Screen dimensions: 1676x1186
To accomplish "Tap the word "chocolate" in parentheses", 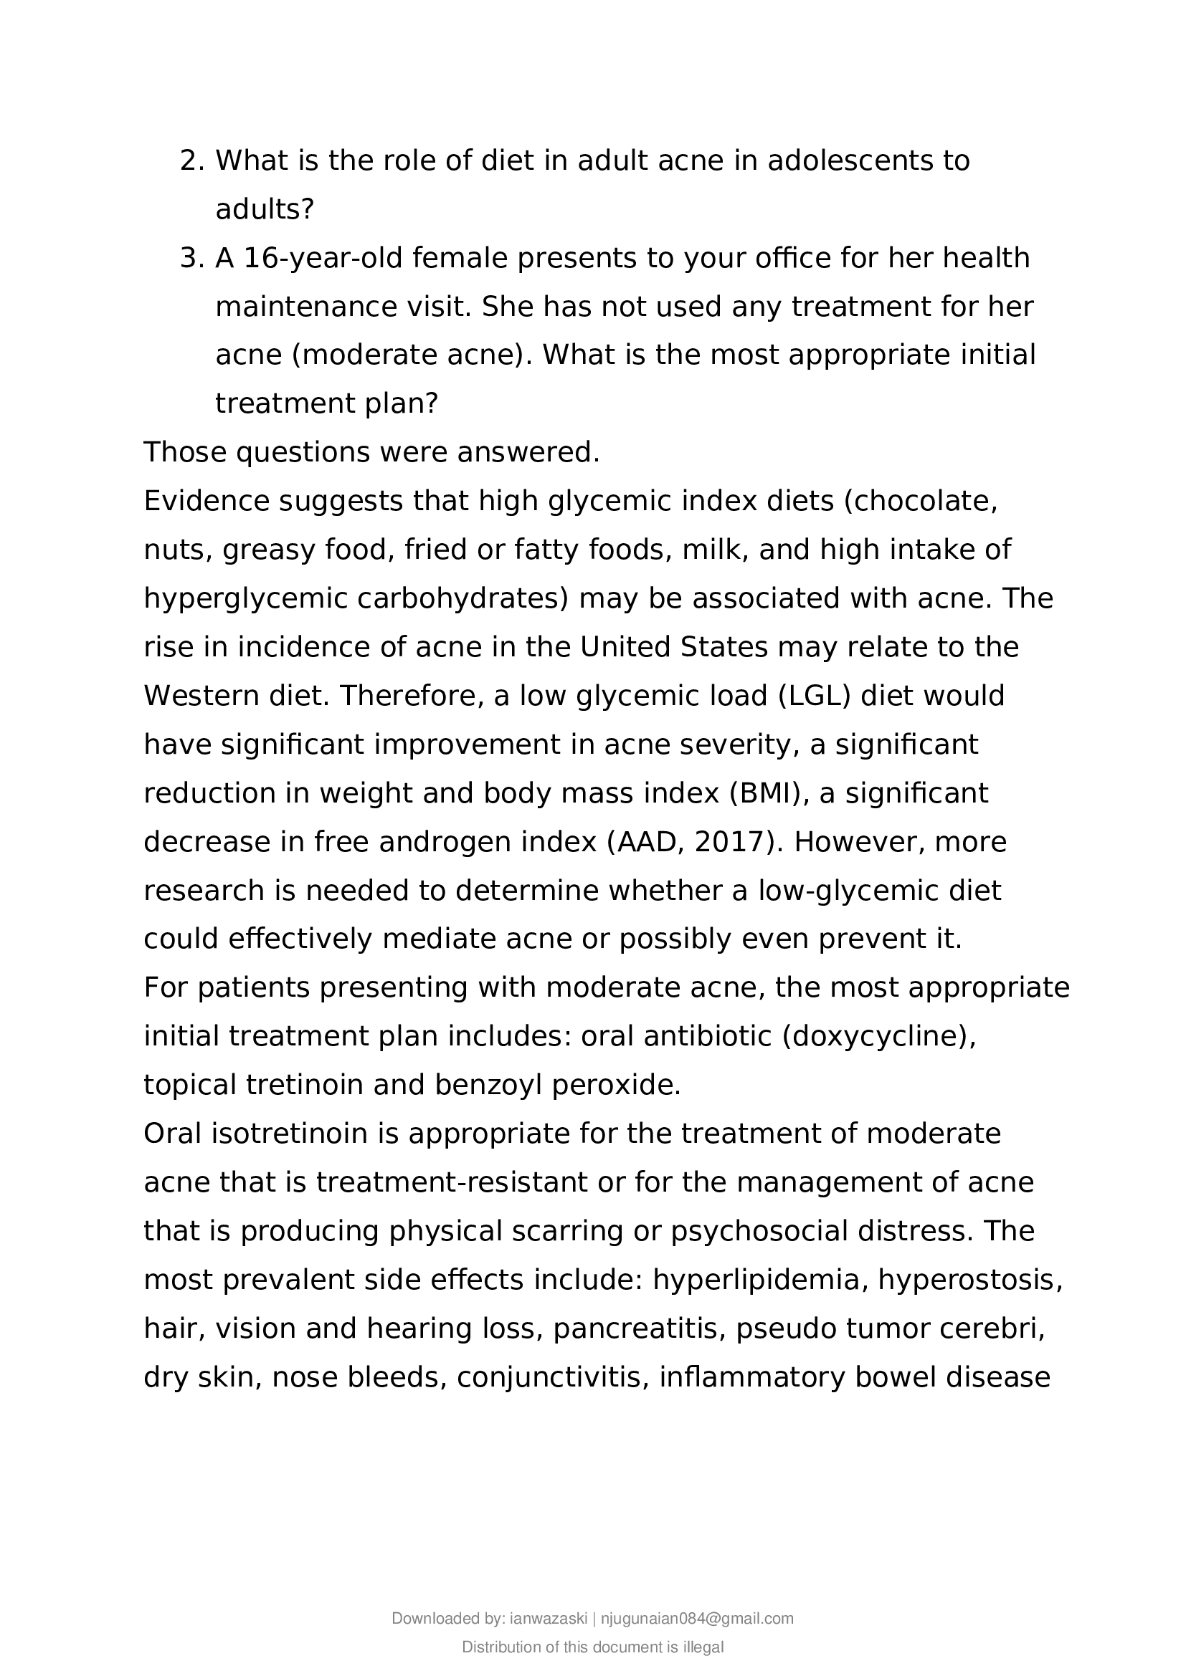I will (923, 502).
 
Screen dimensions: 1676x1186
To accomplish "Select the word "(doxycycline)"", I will (878, 1036).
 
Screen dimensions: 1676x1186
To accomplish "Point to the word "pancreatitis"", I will (639, 1328).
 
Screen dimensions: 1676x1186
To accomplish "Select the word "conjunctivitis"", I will (552, 1376).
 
